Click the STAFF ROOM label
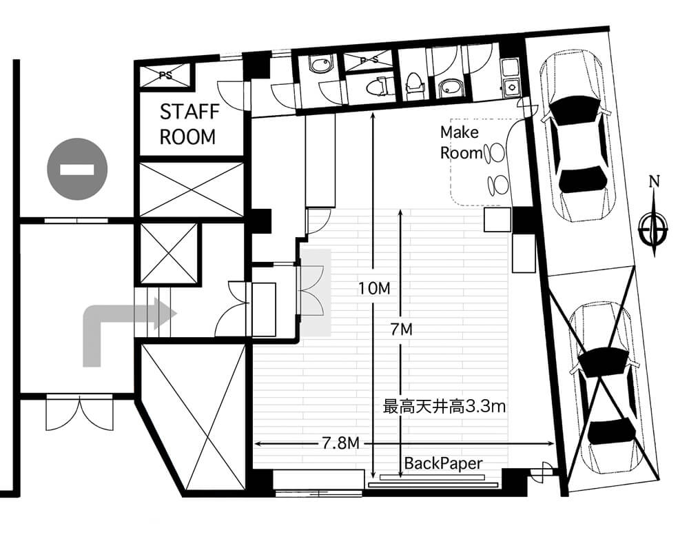click(189, 125)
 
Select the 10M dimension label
click(374, 289)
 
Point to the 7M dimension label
click(402, 329)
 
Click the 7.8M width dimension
click(341, 443)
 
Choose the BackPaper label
click(443, 463)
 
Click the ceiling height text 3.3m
click(485, 407)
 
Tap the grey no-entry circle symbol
click(77, 169)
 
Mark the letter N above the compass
click(655, 181)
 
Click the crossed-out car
click(604, 387)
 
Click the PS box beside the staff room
click(165, 76)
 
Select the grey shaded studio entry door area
click(316, 292)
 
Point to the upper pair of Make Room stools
click(493, 153)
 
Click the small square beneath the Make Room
click(498, 220)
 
